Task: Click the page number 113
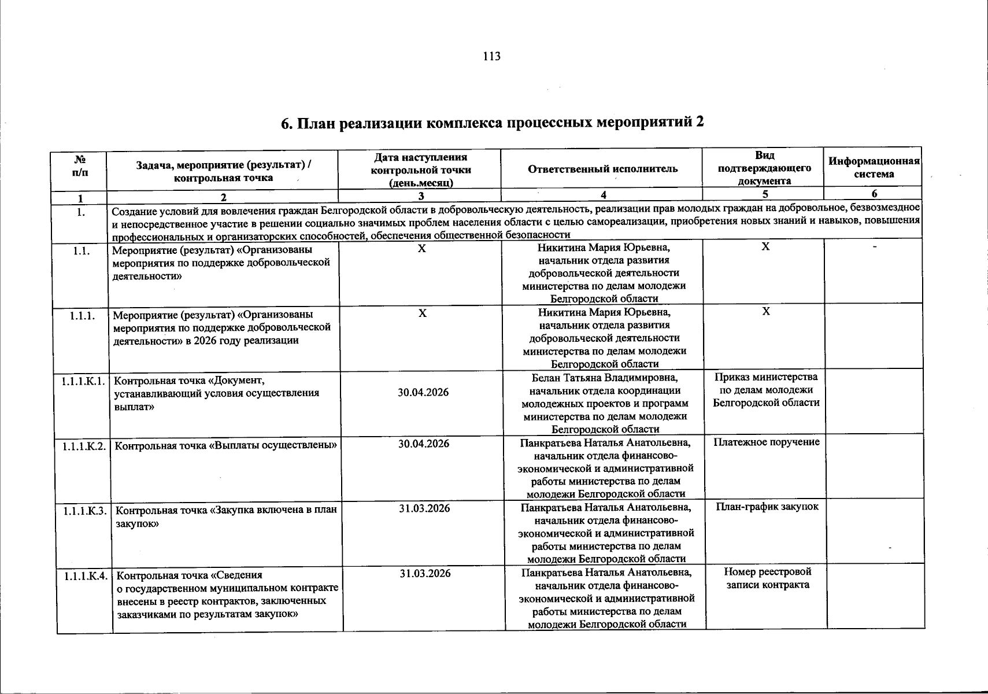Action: (x=491, y=56)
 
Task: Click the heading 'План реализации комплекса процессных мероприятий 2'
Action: (x=493, y=123)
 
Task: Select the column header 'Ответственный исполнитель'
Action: (x=602, y=169)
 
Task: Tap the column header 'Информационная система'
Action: (x=874, y=167)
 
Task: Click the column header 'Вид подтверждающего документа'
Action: (x=764, y=168)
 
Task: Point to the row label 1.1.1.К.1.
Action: (x=82, y=381)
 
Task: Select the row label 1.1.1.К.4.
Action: (x=85, y=576)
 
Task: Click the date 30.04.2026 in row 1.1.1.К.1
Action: (x=423, y=393)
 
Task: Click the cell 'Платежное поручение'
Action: (x=766, y=442)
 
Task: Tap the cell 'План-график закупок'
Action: (x=767, y=507)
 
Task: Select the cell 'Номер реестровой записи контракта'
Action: (x=767, y=578)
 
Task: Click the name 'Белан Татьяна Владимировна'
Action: (x=605, y=378)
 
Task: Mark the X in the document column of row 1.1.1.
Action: (x=765, y=312)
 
